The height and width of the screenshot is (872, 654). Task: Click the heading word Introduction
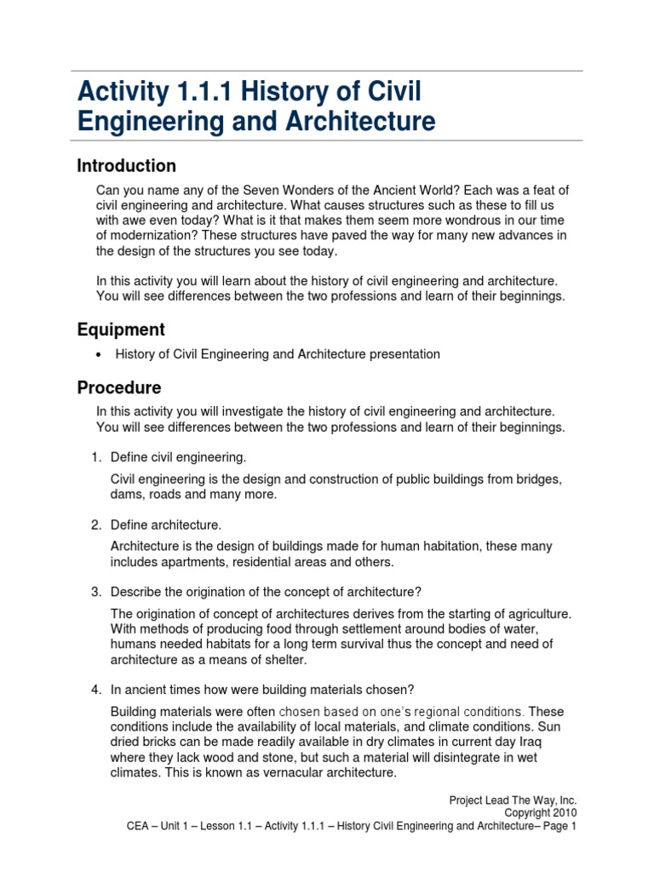[x=127, y=166]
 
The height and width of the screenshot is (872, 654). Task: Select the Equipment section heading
[x=121, y=330]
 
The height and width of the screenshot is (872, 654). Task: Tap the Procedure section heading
[x=119, y=388]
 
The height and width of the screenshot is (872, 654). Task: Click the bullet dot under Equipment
[x=100, y=354]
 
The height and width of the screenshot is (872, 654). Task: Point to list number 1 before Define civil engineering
[x=96, y=457]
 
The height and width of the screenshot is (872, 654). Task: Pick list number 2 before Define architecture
[x=96, y=524]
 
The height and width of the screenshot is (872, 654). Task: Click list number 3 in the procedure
[x=96, y=592]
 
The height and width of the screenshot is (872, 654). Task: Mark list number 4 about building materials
[x=96, y=689]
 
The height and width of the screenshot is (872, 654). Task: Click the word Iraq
[x=549, y=742]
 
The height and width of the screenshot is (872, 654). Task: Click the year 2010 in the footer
[x=565, y=812]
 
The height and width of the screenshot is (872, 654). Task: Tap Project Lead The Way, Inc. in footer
[x=513, y=800]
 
